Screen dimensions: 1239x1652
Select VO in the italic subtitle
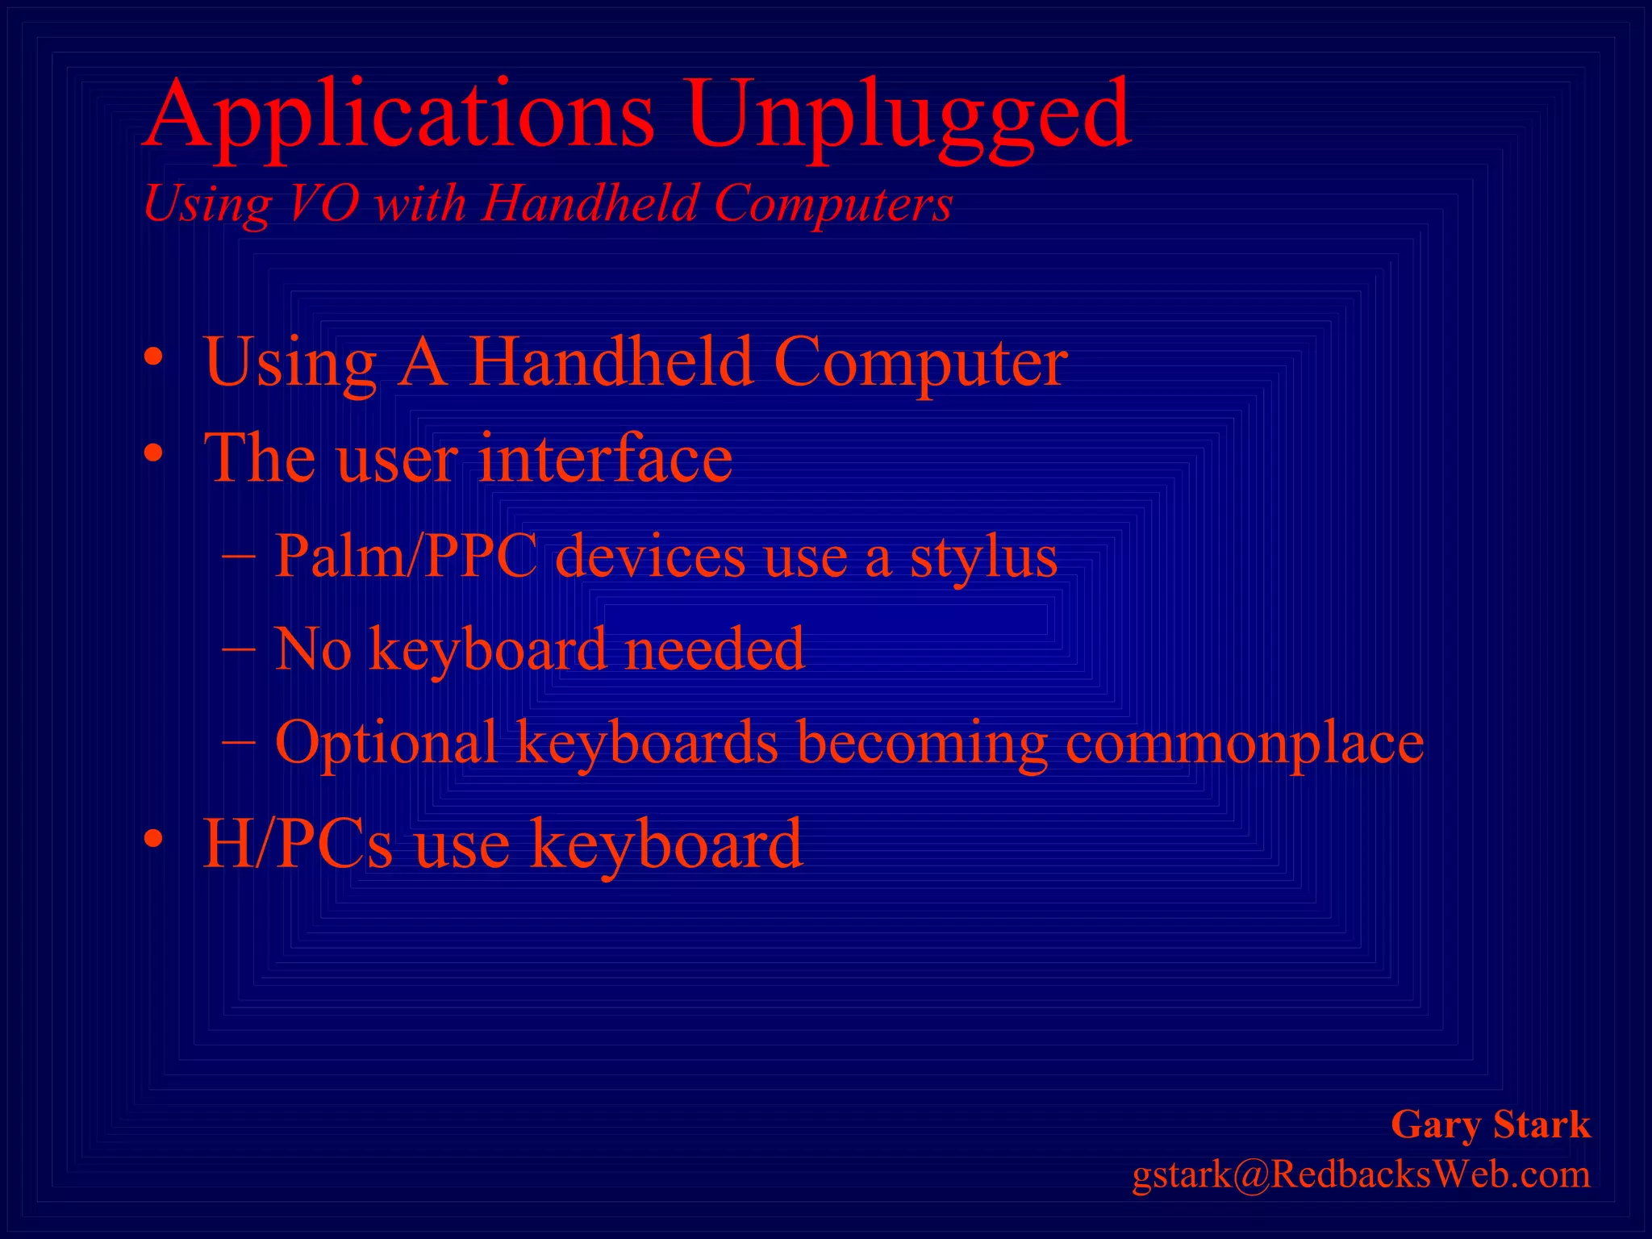coord(323,202)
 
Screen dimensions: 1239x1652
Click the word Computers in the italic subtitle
coord(832,202)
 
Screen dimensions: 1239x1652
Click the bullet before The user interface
coord(153,454)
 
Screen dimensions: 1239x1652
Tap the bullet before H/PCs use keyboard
coord(153,840)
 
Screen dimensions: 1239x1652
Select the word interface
coord(605,457)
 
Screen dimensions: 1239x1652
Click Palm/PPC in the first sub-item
coord(406,556)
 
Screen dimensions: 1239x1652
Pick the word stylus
coord(983,557)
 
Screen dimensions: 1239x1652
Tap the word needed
coord(714,649)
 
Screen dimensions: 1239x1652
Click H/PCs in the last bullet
coord(298,843)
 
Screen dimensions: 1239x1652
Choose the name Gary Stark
coord(1490,1124)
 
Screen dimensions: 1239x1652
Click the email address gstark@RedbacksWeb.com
coord(1361,1174)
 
